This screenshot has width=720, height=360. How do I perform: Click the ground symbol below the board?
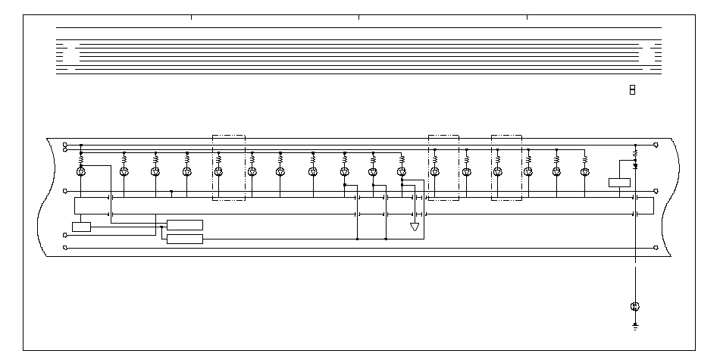(634, 327)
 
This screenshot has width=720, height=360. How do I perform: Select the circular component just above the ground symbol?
(634, 306)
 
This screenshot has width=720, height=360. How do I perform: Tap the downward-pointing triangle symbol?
(415, 227)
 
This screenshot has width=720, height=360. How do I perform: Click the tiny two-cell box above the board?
(632, 90)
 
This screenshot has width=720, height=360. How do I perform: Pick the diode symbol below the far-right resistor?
(635, 164)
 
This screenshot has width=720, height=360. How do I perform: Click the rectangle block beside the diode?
(619, 182)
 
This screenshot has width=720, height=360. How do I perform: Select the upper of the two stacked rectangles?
(185, 224)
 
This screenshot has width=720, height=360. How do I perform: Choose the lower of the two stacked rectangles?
(185, 239)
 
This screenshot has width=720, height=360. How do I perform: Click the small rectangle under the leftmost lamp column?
(81, 227)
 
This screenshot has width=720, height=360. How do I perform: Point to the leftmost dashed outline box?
(228, 167)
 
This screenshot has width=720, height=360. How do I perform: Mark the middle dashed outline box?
(443, 167)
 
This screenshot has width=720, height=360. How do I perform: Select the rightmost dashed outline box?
(507, 167)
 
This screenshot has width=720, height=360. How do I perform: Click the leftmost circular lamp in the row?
(81, 172)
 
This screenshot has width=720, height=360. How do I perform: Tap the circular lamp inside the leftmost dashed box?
(218, 172)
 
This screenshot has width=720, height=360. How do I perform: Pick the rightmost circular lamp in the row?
(584, 172)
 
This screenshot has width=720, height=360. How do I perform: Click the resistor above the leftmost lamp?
(81, 159)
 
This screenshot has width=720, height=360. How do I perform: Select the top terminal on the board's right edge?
(656, 144)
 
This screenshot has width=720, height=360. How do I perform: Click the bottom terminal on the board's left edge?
(64, 246)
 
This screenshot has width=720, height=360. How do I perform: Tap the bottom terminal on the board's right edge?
(656, 246)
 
